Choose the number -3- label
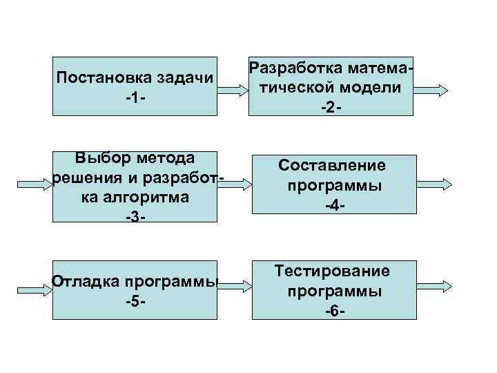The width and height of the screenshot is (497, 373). [135, 217]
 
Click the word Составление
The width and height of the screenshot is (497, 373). [332, 166]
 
